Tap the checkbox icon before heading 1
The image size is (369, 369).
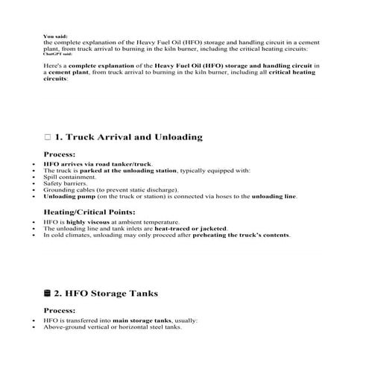click(x=48, y=138)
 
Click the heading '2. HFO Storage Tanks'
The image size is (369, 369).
click(x=105, y=293)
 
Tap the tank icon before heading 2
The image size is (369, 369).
click(x=48, y=294)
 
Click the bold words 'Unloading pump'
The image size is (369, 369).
click(x=68, y=197)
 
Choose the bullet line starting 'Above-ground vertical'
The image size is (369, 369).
click(x=112, y=327)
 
